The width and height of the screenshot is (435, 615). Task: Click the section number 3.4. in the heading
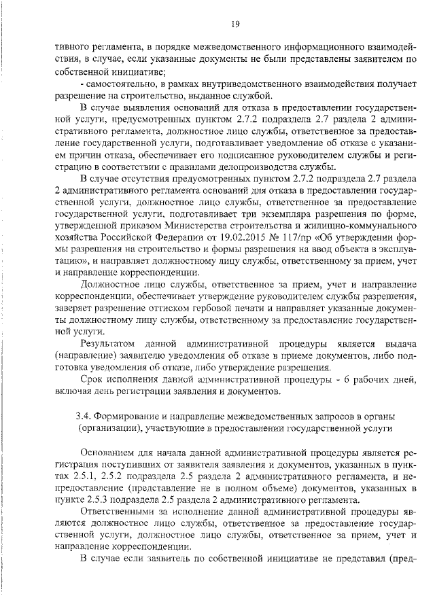pyautogui.click(x=83, y=415)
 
